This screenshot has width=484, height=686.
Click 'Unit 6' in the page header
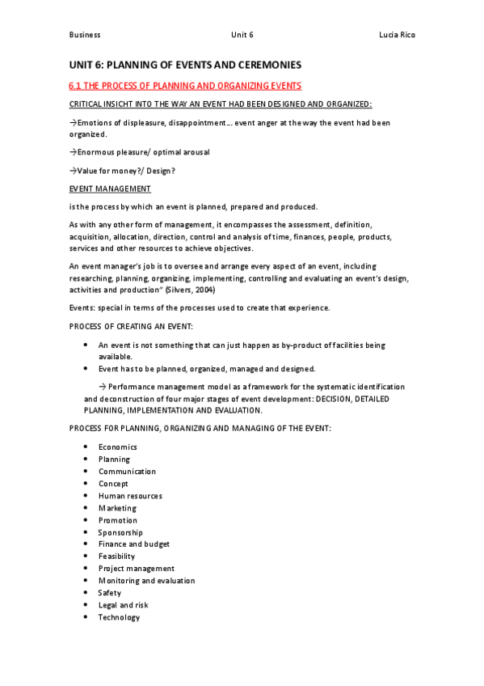[x=242, y=35]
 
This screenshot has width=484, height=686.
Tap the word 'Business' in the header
[x=85, y=35]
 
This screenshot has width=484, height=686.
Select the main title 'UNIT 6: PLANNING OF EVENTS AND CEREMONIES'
[x=185, y=64]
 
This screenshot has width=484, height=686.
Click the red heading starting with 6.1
[x=185, y=85]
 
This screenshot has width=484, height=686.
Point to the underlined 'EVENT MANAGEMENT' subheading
[x=110, y=188]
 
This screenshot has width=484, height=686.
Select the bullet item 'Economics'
[x=118, y=447]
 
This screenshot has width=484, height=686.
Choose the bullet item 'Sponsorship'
[x=120, y=532]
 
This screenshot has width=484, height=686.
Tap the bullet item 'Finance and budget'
[x=134, y=544]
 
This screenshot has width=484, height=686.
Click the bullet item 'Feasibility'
[x=117, y=557]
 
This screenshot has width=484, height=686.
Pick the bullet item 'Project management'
[x=136, y=569]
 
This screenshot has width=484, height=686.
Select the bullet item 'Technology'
[x=119, y=617]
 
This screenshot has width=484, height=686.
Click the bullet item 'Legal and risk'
[x=124, y=605]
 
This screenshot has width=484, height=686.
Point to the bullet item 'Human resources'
[x=130, y=496]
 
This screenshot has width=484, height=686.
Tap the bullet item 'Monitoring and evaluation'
[x=146, y=581]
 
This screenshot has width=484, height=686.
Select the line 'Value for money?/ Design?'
[x=122, y=170]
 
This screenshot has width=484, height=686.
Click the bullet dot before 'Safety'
[x=85, y=593]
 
